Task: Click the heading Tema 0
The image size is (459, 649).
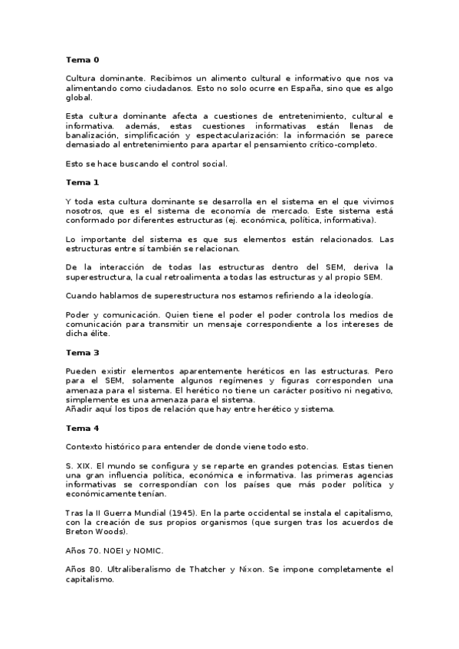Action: click(x=82, y=59)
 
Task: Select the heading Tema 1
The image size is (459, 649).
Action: click(x=82, y=182)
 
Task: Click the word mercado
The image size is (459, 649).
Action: click(x=313, y=210)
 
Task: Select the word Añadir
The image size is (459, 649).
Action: click(x=79, y=409)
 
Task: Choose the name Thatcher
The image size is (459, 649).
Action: click(x=232, y=569)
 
